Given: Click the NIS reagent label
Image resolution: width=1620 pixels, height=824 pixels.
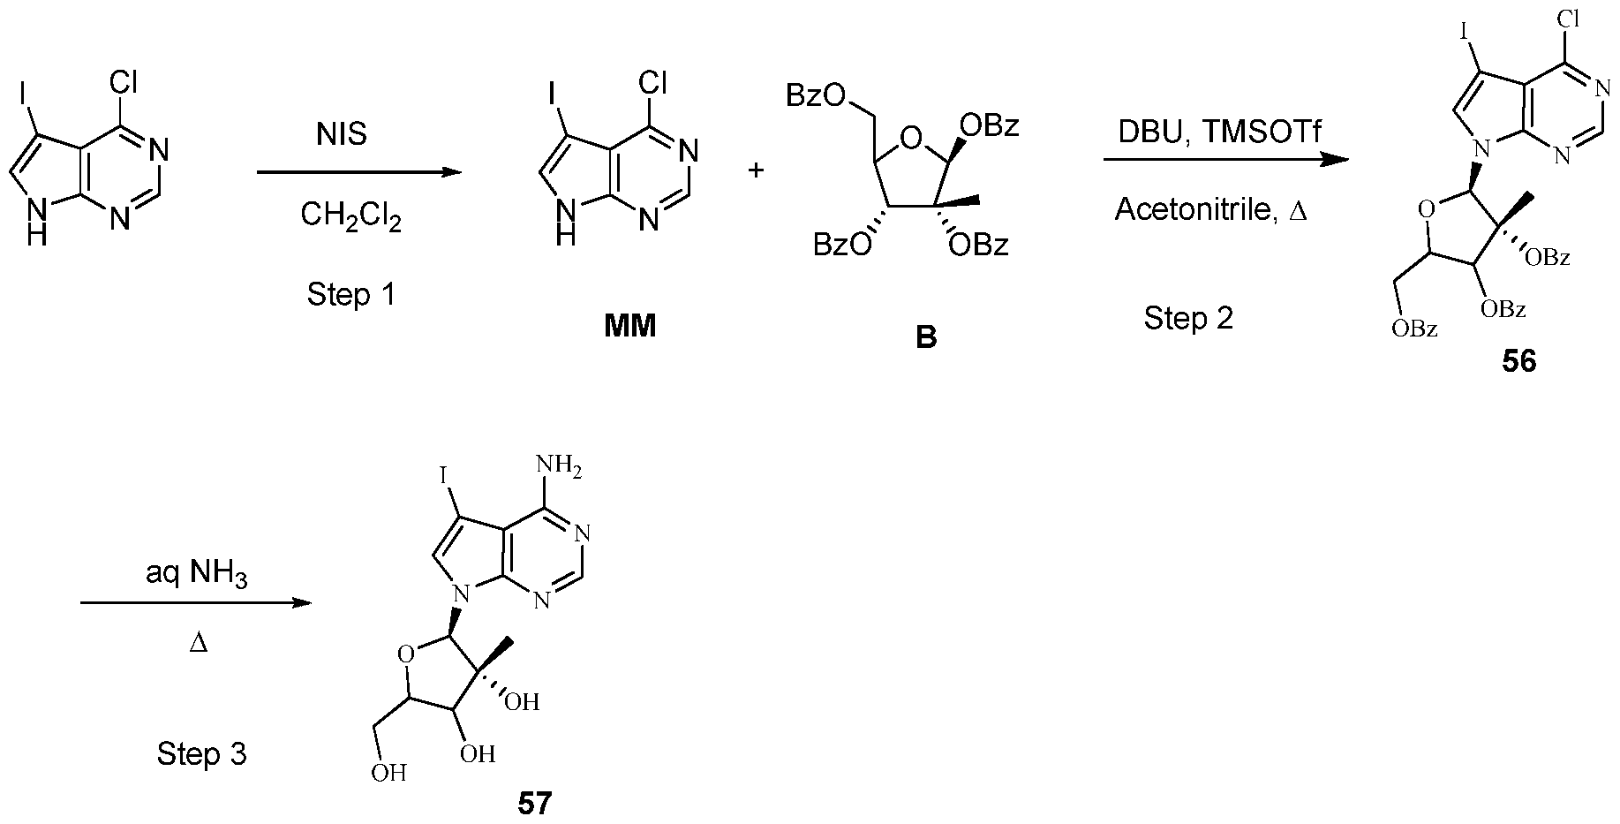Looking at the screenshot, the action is point(342,134).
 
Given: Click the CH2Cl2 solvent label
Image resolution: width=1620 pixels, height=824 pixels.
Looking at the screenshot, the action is point(350,216).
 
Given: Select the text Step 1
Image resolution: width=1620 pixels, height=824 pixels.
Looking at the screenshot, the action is point(350,294).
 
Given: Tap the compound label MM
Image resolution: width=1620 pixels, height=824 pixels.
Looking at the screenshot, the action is point(630,327).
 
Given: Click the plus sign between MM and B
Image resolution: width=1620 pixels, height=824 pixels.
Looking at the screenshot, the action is point(756,170).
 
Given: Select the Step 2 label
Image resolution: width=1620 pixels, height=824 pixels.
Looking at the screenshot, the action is point(1187,318).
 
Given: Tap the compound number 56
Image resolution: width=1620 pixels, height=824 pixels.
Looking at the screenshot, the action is point(1518,362).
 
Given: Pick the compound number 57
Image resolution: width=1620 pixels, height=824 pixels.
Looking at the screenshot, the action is point(534,804).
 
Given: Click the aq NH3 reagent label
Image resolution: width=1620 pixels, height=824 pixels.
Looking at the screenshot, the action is point(197,576).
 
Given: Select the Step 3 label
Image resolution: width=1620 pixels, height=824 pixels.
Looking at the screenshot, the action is point(201,753).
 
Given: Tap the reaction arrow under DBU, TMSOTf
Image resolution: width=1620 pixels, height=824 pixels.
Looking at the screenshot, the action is point(1226,160).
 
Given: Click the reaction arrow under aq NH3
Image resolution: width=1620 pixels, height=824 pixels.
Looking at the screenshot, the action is point(196,603).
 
